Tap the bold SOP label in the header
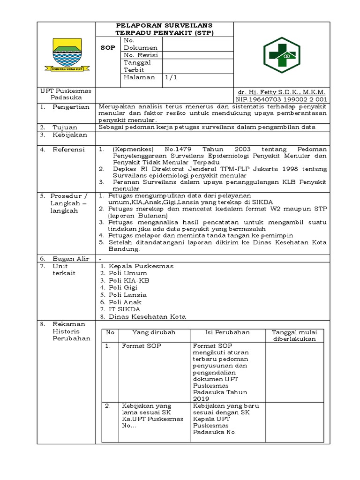107,48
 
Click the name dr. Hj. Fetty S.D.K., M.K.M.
281,92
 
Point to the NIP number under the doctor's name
281,99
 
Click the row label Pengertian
71,107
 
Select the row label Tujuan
65,127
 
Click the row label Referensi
68,150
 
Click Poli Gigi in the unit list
127,288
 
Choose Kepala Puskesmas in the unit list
141,266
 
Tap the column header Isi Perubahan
227,332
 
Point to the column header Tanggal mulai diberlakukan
294,336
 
